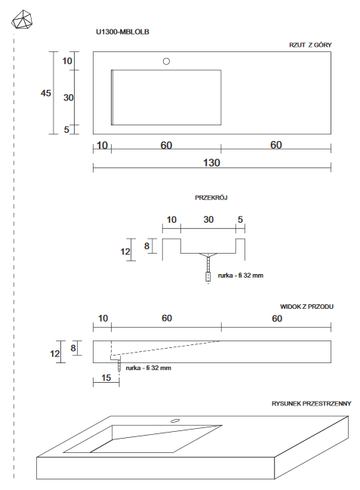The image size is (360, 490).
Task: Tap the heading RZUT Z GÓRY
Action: (x=310, y=45)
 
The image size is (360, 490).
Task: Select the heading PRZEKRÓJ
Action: (x=211, y=197)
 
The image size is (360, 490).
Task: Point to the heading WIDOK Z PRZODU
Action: (x=306, y=307)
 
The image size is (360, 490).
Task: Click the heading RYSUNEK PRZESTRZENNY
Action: (x=312, y=404)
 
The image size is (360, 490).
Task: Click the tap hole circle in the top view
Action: (x=167, y=61)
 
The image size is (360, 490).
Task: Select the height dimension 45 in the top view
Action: (x=46, y=93)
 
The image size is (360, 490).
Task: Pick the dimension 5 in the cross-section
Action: (x=240, y=220)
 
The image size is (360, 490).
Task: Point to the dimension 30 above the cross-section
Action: (x=208, y=220)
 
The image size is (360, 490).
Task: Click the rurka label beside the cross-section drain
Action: (x=241, y=276)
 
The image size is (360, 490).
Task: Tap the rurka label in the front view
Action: (x=149, y=368)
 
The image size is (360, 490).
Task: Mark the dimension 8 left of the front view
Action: (x=72, y=347)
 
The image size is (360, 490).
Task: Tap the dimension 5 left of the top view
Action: (x=67, y=130)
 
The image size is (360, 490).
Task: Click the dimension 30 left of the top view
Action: (x=68, y=97)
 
